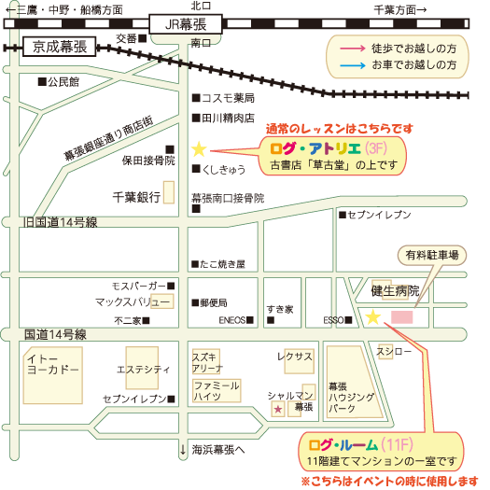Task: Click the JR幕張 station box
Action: pyautogui.click(x=186, y=24)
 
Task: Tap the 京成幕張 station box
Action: pyautogui.click(x=60, y=47)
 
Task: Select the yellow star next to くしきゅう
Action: pyautogui.click(x=199, y=149)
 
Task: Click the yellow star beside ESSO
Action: pyautogui.click(x=372, y=317)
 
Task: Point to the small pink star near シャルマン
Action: pyautogui.click(x=278, y=409)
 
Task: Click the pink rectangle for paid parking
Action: pyautogui.click(x=402, y=317)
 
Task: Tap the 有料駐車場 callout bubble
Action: pyautogui.click(x=432, y=256)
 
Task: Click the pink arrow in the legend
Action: pyautogui.click(x=353, y=49)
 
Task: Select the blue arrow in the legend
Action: pyautogui.click(x=353, y=65)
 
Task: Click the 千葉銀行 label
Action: pyautogui.click(x=136, y=197)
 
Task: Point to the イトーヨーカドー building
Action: pyautogui.click(x=53, y=375)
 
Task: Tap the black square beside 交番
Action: pyautogui.click(x=143, y=38)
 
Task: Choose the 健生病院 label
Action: pyautogui.click(x=395, y=291)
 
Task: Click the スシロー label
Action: pyautogui.click(x=394, y=351)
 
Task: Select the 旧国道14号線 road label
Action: pyautogui.click(x=61, y=222)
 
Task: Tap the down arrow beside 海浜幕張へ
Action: pyautogui.click(x=183, y=449)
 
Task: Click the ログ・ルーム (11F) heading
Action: pyautogui.click(x=361, y=445)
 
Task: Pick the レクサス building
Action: pyautogui.click(x=299, y=361)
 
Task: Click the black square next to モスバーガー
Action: pyautogui.click(x=171, y=286)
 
